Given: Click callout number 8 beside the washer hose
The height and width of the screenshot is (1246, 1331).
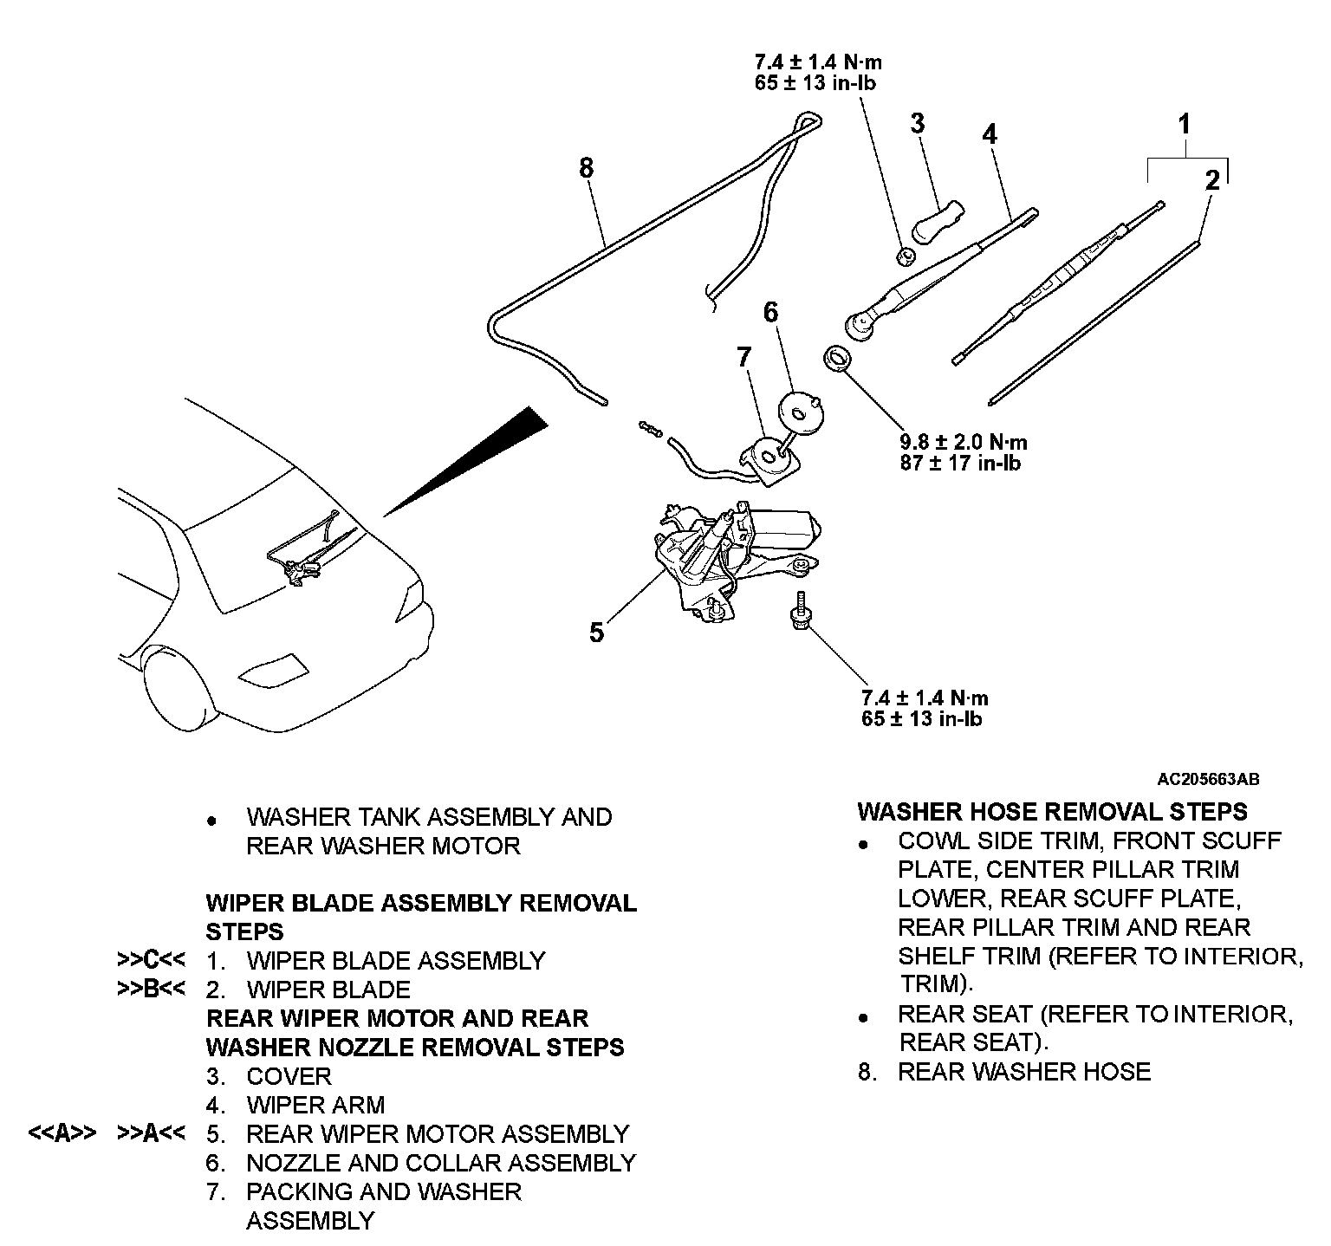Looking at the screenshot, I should click(x=587, y=167).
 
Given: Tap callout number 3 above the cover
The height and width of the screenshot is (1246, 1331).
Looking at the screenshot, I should click(x=918, y=123).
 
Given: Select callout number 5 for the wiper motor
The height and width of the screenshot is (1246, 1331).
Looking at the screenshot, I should click(x=596, y=633).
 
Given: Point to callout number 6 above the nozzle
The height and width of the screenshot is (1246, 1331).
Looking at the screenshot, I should click(x=770, y=312).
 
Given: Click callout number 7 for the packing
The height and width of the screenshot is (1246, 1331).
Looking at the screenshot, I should click(x=744, y=356).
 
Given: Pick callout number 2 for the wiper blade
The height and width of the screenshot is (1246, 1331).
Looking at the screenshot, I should click(x=1212, y=180).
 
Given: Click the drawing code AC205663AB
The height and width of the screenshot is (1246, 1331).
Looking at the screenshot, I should click(x=1208, y=779).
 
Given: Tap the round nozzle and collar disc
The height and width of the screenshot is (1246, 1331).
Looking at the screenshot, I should click(x=801, y=412).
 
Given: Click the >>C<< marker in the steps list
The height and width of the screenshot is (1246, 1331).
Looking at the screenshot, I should click(x=151, y=960).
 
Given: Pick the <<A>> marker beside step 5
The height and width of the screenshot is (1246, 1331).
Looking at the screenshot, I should click(x=62, y=1133).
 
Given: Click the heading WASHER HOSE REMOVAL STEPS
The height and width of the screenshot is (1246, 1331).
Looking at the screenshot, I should click(x=1052, y=812).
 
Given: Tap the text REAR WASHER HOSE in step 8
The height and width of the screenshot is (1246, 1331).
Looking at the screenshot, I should click(x=1023, y=1072).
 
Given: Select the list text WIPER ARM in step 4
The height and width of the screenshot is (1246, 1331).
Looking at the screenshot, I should click(x=315, y=1105).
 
